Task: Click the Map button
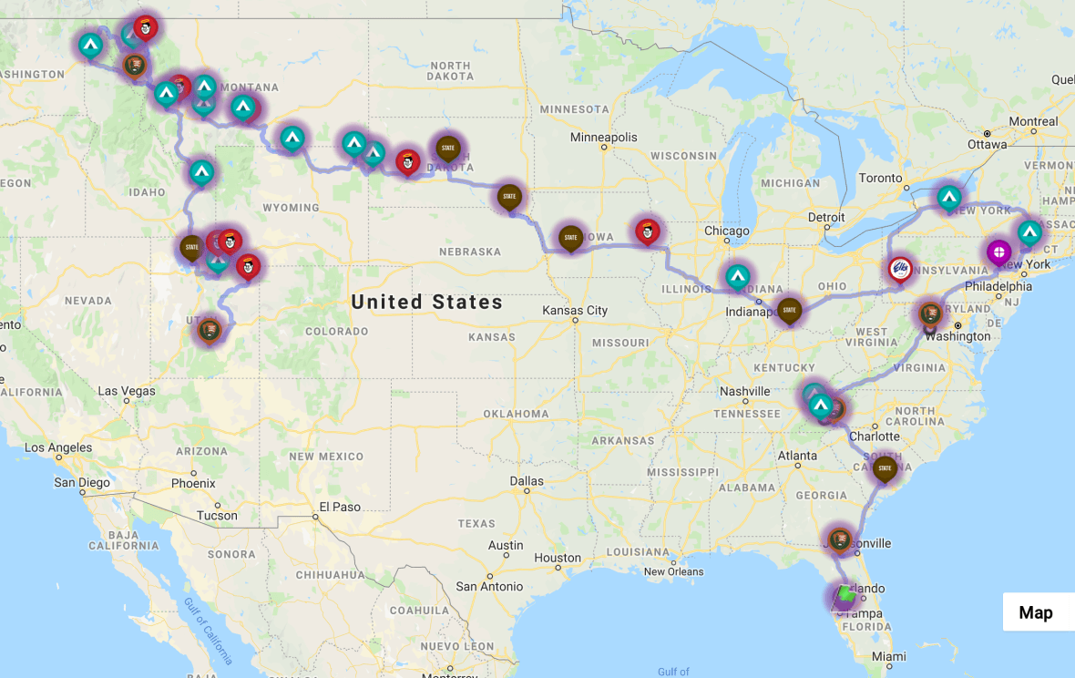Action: point(1036,612)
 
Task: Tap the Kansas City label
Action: point(576,311)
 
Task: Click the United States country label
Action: point(426,302)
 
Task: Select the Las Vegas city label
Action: point(127,391)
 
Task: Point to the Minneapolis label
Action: point(604,138)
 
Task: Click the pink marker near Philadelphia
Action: point(998,251)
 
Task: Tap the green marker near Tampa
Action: point(845,594)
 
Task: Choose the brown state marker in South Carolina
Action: point(885,468)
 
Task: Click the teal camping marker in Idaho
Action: point(201,170)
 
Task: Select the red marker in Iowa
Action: point(648,230)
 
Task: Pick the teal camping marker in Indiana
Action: point(738,274)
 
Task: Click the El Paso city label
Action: point(339,507)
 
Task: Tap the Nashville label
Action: point(744,391)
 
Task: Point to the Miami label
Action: point(888,656)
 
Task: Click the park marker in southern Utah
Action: point(209,329)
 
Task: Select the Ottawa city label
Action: point(986,144)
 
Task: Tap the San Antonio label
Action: point(489,586)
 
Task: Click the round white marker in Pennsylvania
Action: point(900,268)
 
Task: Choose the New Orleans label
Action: point(673,572)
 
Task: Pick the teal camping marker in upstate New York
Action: point(949,196)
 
